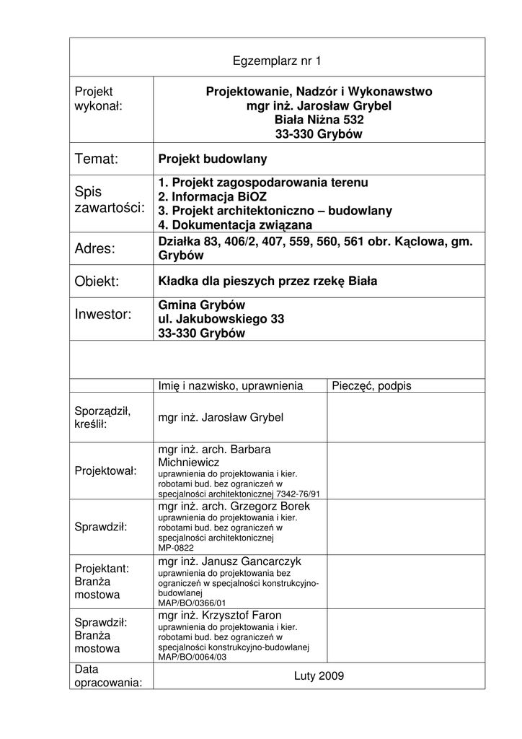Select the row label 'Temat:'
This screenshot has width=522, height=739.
pyautogui.click(x=97, y=159)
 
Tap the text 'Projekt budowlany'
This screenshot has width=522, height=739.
pyautogui.click(x=213, y=159)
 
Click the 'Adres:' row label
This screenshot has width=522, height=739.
pyautogui.click(x=95, y=249)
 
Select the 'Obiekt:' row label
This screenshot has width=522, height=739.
pyautogui.click(x=97, y=281)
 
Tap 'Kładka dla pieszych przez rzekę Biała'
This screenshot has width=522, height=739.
pyautogui.click(x=267, y=281)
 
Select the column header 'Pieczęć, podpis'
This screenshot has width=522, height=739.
pyautogui.click(x=371, y=386)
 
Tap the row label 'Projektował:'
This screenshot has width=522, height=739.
pyautogui.click(x=105, y=471)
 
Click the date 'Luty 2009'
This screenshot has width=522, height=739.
pyautogui.click(x=319, y=676)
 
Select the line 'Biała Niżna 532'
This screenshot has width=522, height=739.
pyautogui.click(x=319, y=120)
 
